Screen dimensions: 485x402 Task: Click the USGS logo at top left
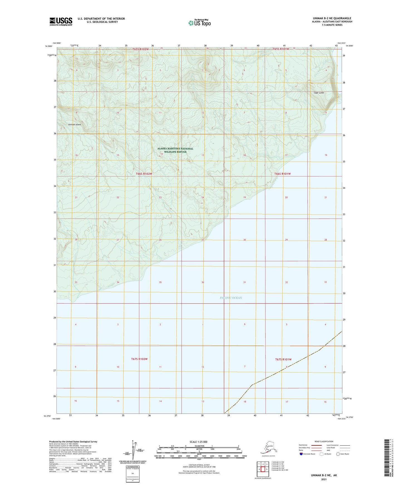click(x=61, y=21)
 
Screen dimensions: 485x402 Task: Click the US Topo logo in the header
click(x=199, y=22)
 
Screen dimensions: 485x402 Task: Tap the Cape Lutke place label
click(x=319, y=93)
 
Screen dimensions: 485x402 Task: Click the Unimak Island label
click(x=75, y=124)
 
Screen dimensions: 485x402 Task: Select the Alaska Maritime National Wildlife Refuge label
click(x=175, y=150)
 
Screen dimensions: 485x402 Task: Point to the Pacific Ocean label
click(x=231, y=298)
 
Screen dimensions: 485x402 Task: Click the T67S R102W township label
click(x=139, y=359)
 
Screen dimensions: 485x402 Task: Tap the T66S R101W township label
click(x=282, y=174)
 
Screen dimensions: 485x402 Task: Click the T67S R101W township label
click(x=283, y=359)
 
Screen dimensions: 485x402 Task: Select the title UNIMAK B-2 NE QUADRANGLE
click(x=332, y=18)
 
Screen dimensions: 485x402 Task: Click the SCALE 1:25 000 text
click(x=199, y=442)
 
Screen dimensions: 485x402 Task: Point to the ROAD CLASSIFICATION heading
click(x=324, y=441)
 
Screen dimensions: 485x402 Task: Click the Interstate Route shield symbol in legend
click(x=301, y=454)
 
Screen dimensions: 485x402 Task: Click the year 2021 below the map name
click(x=324, y=479)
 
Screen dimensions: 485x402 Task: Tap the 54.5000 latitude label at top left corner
click(x=48, y=46)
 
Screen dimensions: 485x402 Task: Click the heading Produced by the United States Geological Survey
click(x=73, y=441)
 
